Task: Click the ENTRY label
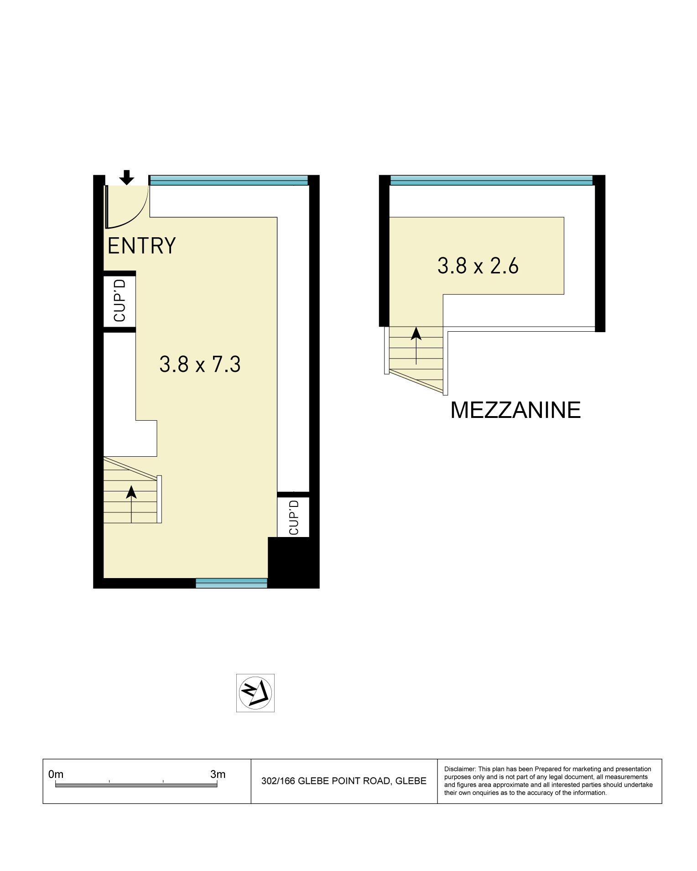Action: point(141,245)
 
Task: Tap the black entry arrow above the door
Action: point(127,177)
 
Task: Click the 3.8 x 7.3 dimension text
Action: point(200,365)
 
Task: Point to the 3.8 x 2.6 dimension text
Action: point(478,266)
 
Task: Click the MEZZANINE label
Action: point(515,410)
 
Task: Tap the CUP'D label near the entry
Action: point(120,301)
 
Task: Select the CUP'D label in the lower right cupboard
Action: point(293,517)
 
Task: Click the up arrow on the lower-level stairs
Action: point(131,504)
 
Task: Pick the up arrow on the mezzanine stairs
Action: point(416,346)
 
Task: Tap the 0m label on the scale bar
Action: point(56,774)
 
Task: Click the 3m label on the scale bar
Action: point(218,774)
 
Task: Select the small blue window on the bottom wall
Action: point(231,583)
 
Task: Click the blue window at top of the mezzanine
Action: point(491,180)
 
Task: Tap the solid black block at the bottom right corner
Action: point(293,562)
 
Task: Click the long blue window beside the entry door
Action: point(229,180)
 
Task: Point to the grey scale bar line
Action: point(136,785)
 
